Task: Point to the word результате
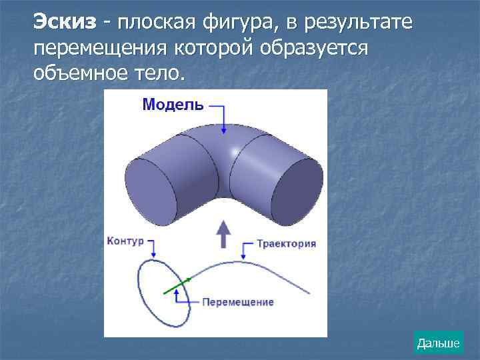[357, 24]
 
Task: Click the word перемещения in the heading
[101, 49]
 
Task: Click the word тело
[156, 73]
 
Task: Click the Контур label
[125, 241]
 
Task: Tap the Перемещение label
[237, 302]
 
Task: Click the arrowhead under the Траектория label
[243, 257]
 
